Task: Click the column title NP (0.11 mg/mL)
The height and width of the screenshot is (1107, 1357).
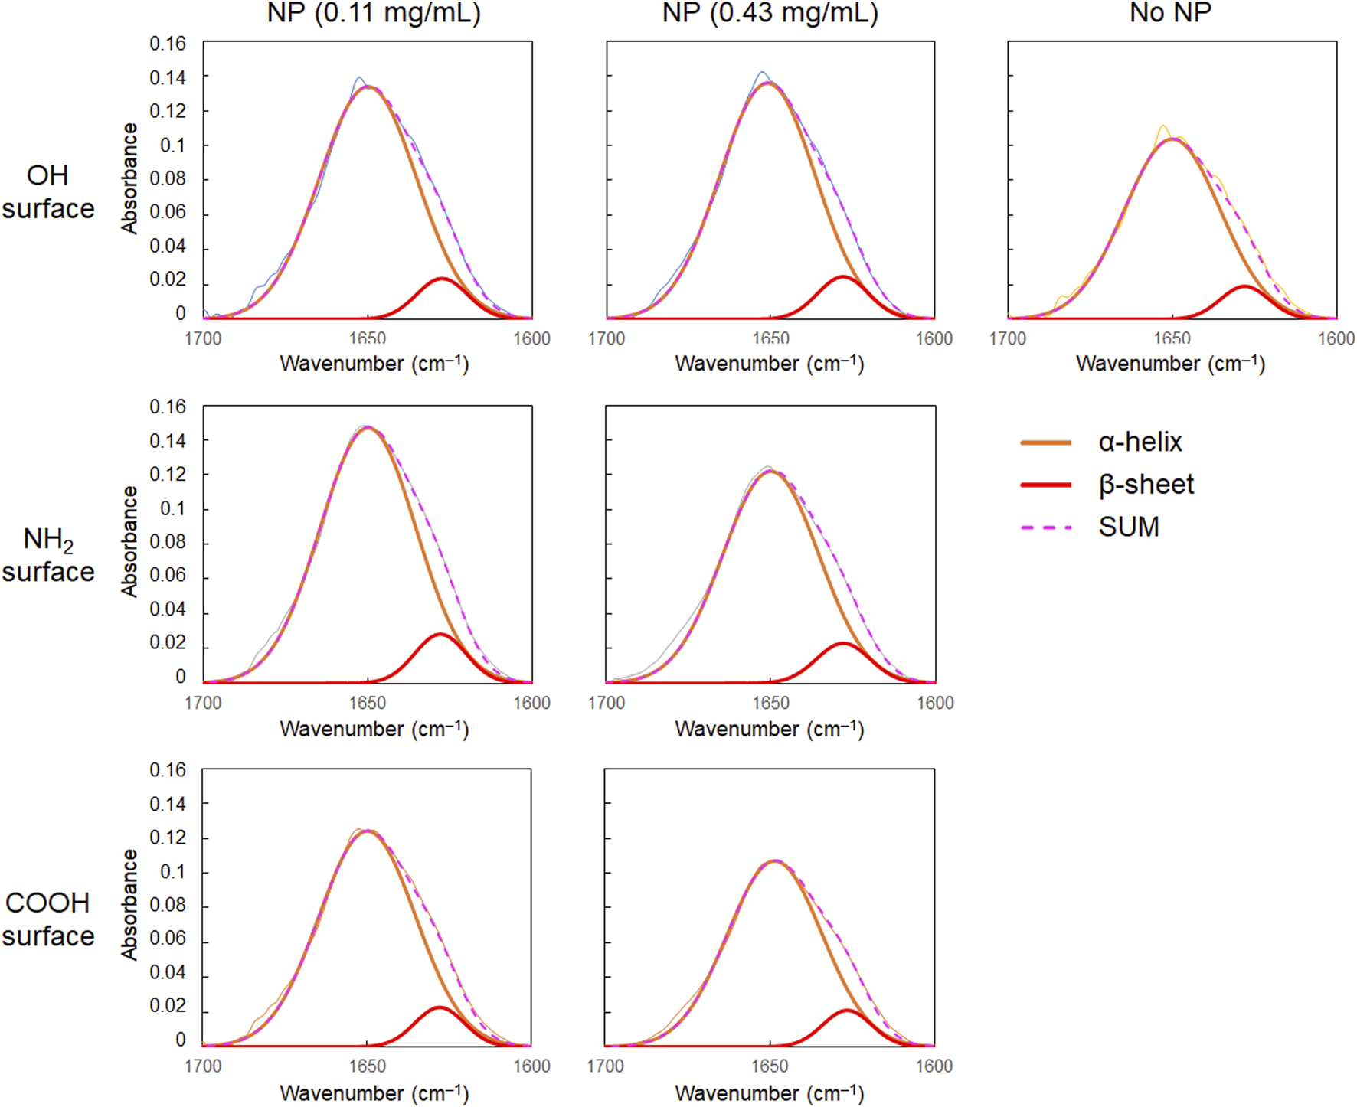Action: pos(374,13)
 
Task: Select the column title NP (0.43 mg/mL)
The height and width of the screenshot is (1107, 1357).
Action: pos(770,13)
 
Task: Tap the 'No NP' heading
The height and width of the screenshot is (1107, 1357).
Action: pos(1170,13)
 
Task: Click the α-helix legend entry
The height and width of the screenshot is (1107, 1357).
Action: pos(1140,442)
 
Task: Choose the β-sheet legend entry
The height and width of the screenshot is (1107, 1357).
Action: pos(1146,485)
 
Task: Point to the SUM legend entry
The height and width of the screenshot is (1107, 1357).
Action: pos(1128,527)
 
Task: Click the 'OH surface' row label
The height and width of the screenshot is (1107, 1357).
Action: pos(47,191)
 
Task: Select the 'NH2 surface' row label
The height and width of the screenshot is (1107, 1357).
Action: pos(47,555)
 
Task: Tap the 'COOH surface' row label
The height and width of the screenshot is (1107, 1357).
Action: pos(47,919)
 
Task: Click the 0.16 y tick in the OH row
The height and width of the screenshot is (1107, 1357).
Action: pos(168,44)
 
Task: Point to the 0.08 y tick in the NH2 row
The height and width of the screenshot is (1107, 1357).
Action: pos(168,542)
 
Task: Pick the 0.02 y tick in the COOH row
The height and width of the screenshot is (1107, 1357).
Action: pos(168,1006)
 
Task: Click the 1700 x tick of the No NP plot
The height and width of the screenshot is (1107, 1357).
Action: pos(1008,338)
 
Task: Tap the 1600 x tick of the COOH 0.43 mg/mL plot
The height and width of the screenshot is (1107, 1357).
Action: pos(934,1066)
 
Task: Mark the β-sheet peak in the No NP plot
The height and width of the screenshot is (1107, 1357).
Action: pos(1244,287)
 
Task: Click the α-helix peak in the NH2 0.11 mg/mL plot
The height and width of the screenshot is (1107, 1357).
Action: pos(368,428)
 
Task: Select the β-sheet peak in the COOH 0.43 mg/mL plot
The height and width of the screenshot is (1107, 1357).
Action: pos(847,1011)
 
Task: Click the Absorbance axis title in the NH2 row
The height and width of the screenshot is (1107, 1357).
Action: pos(129,542)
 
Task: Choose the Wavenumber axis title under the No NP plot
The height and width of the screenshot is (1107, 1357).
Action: pos(1170,364)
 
